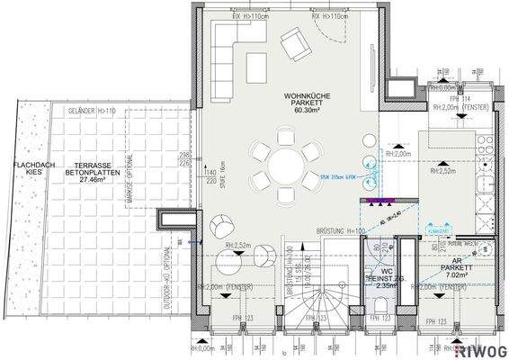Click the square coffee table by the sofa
click(x=257, y=66)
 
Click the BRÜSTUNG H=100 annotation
click(x=341, y=232)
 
